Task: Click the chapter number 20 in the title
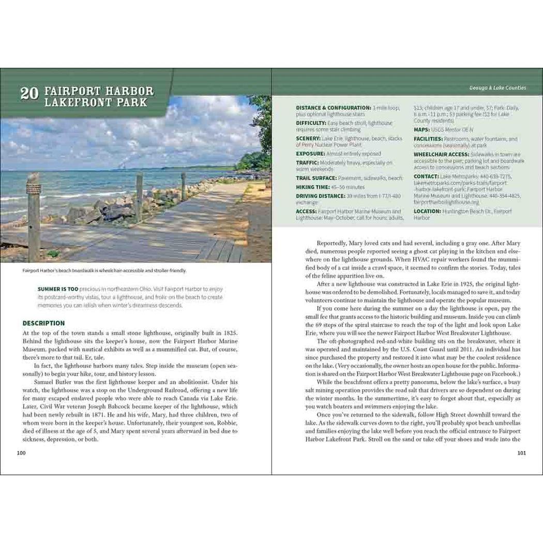(28, 94)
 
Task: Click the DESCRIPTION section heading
(43, 323)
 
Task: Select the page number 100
(21, 453)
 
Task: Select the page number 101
(521, 453)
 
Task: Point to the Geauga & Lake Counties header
(501, 88)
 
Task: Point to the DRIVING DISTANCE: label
(321, 196)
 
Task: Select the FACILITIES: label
(428, 139)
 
